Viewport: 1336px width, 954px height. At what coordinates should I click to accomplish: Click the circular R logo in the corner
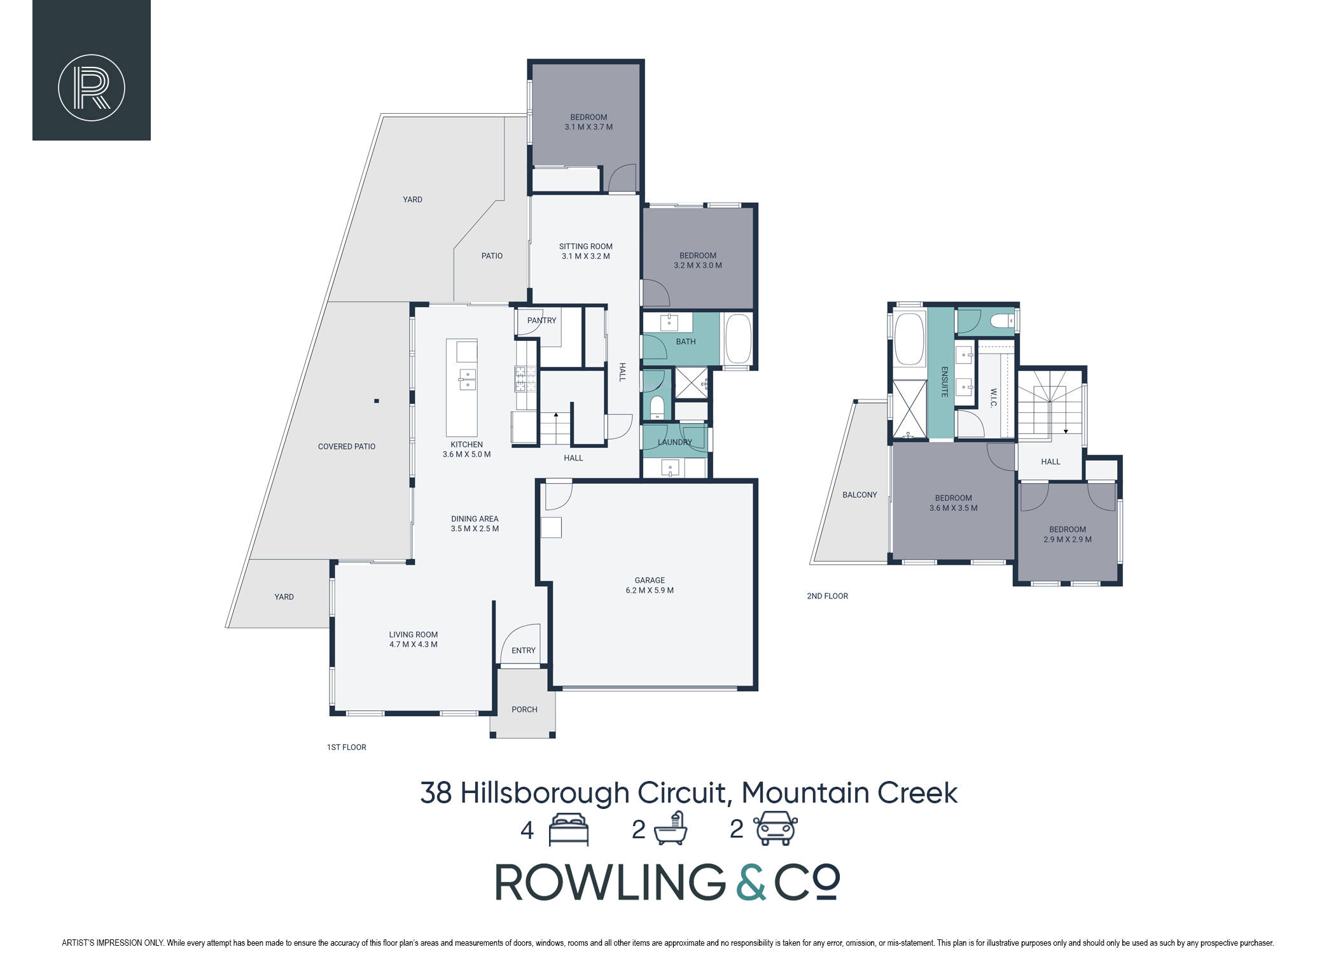pos(92,88)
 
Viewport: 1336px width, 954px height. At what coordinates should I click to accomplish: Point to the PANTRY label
pos(541,321)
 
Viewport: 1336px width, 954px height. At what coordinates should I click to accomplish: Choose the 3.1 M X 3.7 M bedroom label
pos(588,122)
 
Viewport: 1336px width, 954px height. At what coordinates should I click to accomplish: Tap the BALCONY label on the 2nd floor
pos(859,495)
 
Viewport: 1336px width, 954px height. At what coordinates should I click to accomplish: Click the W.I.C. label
pos(994,398)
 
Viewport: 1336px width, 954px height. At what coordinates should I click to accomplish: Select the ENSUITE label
pos(945,382)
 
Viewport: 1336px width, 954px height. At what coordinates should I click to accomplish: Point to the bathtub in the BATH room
pos(738,339)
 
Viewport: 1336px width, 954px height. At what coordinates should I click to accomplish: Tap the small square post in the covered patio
pos(377,401)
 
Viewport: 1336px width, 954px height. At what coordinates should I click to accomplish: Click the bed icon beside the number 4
pos(569,829)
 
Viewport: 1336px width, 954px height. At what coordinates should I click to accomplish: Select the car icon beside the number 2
pos(776,829)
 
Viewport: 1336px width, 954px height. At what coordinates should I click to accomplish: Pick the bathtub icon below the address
pos(671,829)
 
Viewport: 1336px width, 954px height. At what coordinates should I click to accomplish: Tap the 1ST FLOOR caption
pos(347,747)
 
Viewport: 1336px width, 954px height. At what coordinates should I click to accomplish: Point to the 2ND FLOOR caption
pos(827,596)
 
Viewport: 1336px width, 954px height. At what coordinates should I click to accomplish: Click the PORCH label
pos(524,710)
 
